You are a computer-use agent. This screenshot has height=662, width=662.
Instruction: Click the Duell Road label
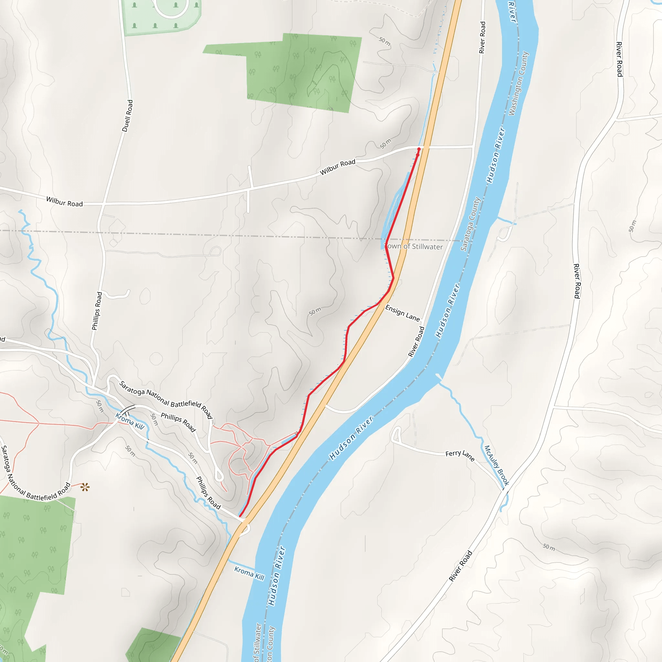(x=127, y=116)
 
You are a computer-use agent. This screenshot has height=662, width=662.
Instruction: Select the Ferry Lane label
(x=460, y=455)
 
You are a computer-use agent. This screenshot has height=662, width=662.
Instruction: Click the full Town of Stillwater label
(x=413, y=246)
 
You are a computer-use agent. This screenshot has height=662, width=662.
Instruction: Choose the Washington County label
(x=519, y=84)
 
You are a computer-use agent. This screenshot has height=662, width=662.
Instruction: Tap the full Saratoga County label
(x=471, y=223)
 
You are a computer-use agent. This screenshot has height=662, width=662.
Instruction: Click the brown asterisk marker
(x=85, y=487)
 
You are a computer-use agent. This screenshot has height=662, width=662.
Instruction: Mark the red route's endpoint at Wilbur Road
(x=419, y=149)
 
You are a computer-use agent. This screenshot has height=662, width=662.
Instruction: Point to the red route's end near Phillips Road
(x=240, y=516)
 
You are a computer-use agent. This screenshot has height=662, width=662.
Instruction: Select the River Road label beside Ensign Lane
(x=416, y=342)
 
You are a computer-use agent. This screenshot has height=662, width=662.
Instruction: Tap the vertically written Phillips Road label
(x=97, y=311)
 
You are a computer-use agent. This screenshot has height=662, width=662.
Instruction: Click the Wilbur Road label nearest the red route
(x=337, y=167)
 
